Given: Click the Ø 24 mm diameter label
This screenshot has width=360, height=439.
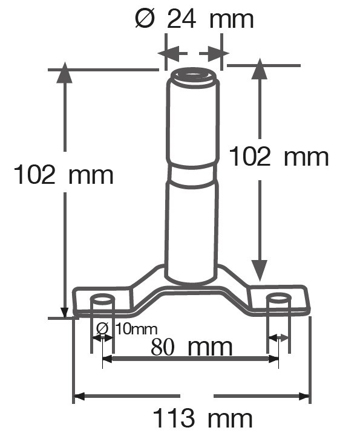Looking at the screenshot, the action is click(x=194, y=19).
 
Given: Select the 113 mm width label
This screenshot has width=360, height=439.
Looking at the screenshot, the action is click(x=203, y=419).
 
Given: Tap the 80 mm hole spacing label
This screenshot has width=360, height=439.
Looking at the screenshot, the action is click(x=192, y=348).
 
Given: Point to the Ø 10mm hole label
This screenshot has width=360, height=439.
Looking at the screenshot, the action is click(x=126, y=329).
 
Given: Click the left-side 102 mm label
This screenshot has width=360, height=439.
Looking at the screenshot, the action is click(x=64, y=175).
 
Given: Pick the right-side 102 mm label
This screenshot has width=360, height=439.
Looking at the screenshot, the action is click(x=279, y=157).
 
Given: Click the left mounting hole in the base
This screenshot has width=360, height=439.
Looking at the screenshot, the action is click(x=102, y=299).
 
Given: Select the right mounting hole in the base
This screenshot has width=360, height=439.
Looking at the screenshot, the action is click(x=278, y=299).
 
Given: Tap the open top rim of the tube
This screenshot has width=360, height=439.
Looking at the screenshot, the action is click(x=193, y=76).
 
